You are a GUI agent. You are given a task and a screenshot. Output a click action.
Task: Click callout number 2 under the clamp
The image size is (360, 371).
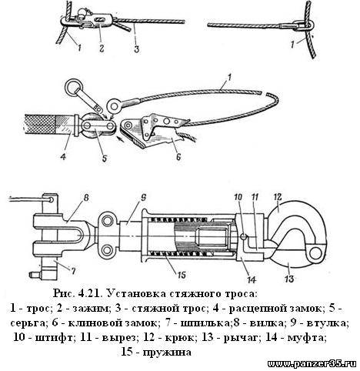102,48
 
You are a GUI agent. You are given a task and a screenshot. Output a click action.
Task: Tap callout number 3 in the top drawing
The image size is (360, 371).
137,48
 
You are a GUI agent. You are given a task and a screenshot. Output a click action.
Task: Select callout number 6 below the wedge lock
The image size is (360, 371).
178,155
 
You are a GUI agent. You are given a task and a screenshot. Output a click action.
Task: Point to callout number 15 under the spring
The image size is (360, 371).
181,275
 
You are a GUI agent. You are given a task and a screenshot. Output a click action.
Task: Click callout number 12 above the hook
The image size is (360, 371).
277,197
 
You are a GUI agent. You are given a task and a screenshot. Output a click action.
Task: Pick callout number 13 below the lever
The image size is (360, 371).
289,278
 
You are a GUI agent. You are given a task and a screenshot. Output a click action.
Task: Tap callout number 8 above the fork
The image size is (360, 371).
86,198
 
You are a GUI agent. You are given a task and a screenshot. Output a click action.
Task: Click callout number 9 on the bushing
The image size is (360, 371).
144,198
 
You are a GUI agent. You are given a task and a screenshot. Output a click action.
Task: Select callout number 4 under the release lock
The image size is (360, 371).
63,155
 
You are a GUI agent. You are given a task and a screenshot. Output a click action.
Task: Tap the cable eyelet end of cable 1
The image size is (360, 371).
115,105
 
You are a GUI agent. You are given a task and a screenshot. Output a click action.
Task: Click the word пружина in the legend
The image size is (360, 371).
167,353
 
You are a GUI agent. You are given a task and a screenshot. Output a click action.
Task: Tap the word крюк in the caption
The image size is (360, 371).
182,338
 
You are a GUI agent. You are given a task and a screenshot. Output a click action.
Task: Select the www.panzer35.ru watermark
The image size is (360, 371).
312,364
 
